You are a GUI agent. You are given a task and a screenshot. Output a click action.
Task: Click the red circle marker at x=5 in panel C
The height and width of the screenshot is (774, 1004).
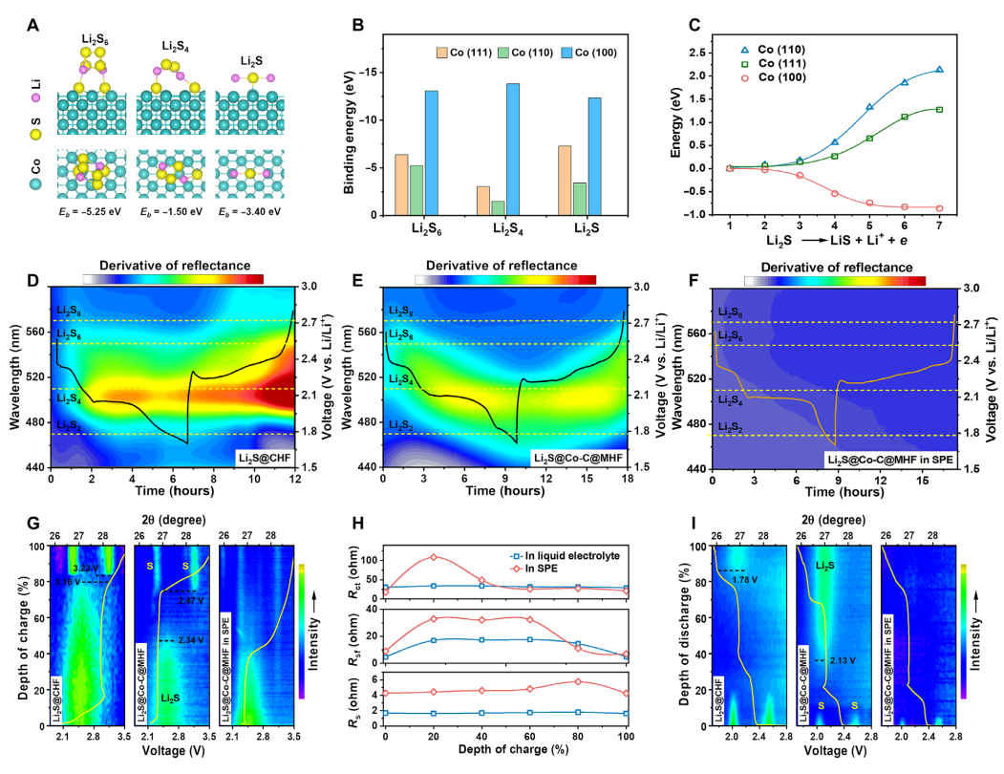tap(869, 203)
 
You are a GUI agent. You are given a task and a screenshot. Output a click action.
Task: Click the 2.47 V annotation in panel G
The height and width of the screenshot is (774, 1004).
tap(190, 599)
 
